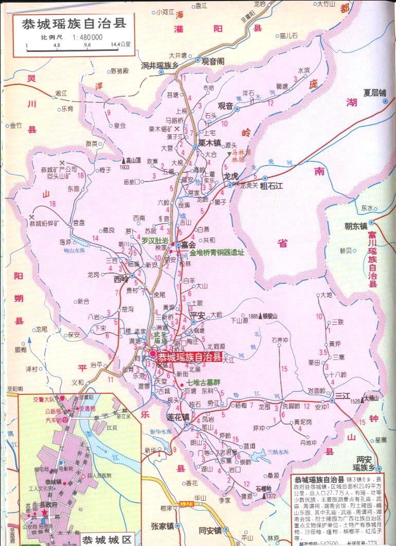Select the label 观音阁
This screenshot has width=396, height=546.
(x=212, y=61)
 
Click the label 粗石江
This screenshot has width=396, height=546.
(x=272, y=186)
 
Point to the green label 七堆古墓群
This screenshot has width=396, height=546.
(x=203, y=383)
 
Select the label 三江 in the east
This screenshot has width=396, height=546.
(x=343, y=395)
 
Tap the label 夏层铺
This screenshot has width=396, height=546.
(x=374, y=93)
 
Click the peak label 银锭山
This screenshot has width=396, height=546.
(x=270, y=316)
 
